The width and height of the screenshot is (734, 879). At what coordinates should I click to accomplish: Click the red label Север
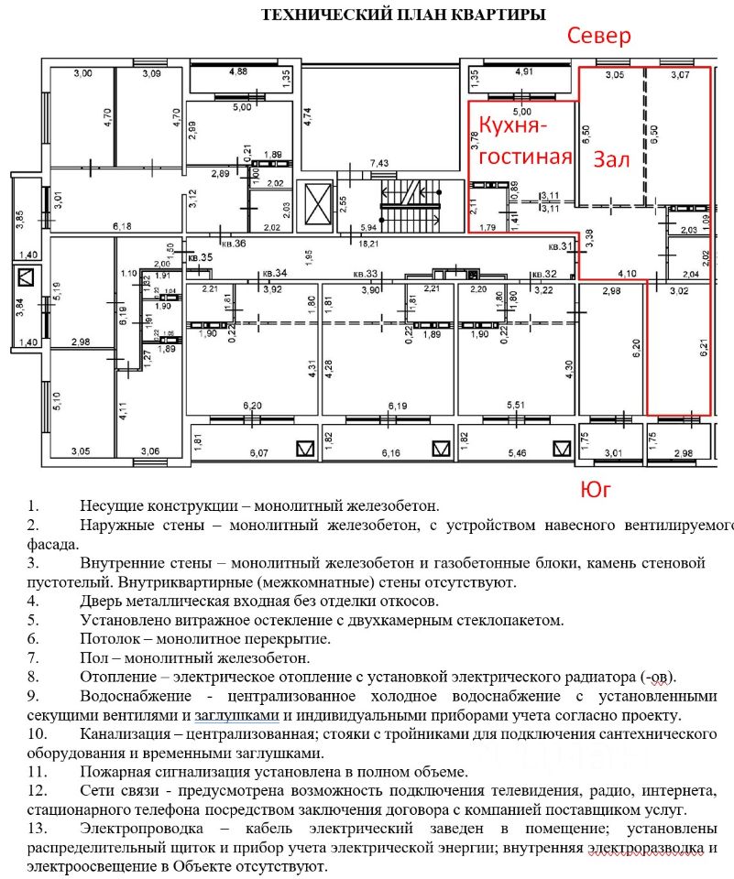click(x=599, y=37)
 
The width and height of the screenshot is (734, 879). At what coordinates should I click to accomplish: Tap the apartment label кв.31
click(x=560, y=246)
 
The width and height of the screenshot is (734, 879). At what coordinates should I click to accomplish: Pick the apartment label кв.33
click(x=366, y=273)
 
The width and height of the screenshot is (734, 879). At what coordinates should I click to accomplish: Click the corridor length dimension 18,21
click(x=371, y=244)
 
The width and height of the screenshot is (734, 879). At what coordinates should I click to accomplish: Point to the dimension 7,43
click(x=379, y=163)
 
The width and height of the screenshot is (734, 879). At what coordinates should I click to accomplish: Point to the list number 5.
click(x=32, y=619)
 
